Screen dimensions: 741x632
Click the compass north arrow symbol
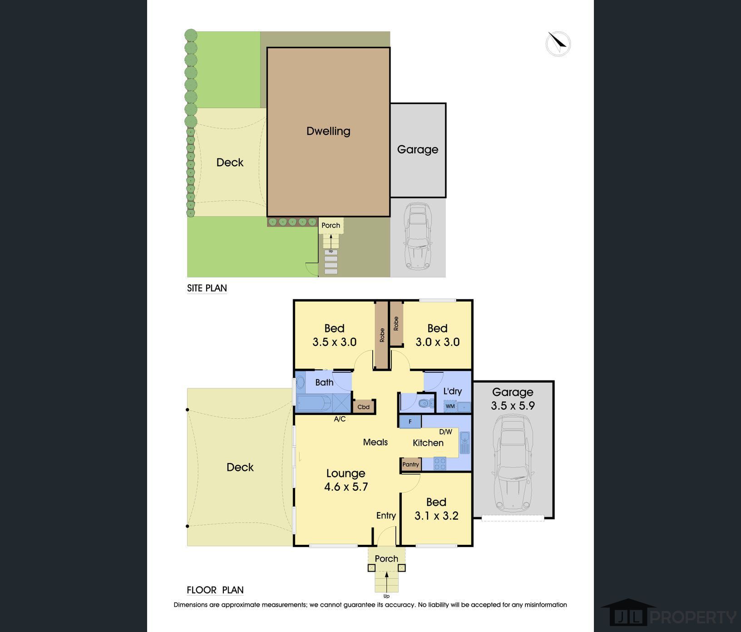point(558,44)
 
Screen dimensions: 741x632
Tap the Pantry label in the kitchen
point(411,464)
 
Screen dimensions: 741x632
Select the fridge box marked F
point(410,421)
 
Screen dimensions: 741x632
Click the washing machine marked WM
point(450,406)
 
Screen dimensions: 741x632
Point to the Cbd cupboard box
point(364,407)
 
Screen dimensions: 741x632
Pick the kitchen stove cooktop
point(440,464)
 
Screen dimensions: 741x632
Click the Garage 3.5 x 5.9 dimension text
point(513,405)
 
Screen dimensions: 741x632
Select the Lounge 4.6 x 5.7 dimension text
point(346,487)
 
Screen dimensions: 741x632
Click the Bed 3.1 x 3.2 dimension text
point(436,516)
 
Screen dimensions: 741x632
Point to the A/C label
point(340,419)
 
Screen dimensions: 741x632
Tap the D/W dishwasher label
point(445,432)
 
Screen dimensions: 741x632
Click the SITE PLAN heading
point(207,288)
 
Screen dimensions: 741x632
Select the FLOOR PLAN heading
point(215,590)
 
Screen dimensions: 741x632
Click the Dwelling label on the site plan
point(328,131)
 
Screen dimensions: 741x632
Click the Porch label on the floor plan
point(386,559)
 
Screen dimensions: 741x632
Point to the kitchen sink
point(464,443)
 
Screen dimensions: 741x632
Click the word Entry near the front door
point(386,516)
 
